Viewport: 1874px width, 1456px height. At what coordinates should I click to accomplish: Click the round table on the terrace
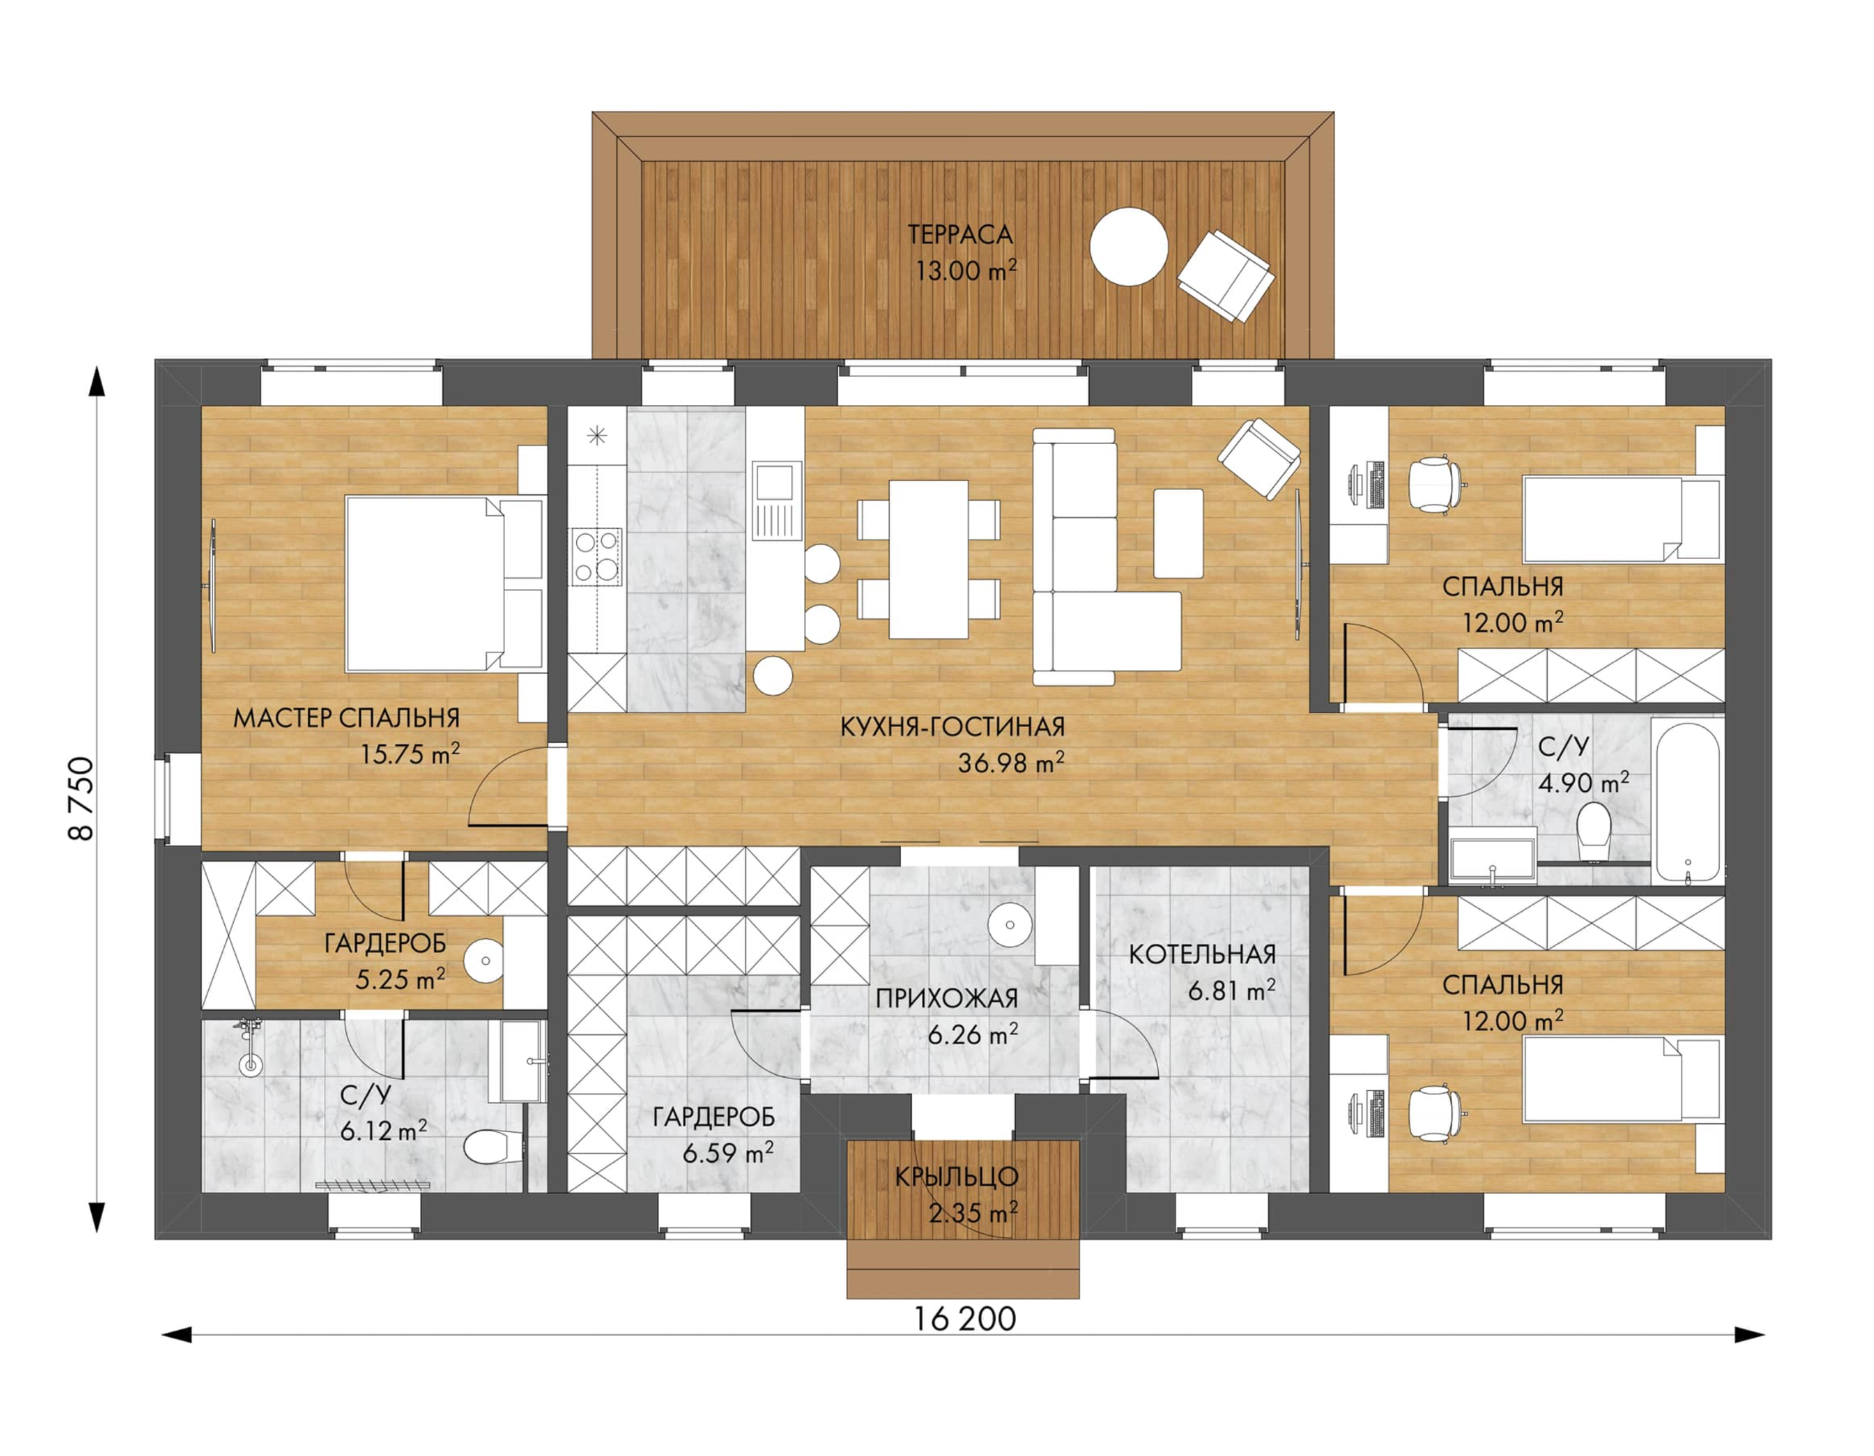pyautogui.click(x=1128, y=246)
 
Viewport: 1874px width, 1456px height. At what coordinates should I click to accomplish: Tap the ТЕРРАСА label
pyautogui.click(x=960, y=233)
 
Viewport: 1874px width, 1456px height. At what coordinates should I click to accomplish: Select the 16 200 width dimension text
pyautogui.click(x=964, y=1318)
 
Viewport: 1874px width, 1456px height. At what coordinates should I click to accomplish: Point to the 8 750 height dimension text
pyautogui.click(x=80, y=798)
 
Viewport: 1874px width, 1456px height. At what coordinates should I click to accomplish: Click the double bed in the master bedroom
pyautogui.click(x=444, y=583)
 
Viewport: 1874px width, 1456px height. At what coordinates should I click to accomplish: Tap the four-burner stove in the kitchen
pyautogui.click(x=597, y=556)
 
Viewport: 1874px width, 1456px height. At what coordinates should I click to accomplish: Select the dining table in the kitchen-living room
pyautogui.click(x=928, y=559)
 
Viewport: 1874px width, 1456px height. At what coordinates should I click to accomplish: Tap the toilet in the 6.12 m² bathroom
pyautogui.click(x=493, y=1145)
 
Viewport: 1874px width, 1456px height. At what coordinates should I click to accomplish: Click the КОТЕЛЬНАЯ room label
pyautogui.click(x=1201, y=954)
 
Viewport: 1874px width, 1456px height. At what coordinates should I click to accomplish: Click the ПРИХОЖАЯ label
pyautogui.click(x=947, y=999)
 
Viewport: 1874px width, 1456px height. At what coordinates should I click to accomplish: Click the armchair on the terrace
pyautogui.click(x=1225, y=277)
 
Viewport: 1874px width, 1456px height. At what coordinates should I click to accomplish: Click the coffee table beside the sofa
pyautogui.click(x=1178, y=532)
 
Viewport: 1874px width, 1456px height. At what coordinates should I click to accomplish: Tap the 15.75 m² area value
pyautogui.click(x=409, y=754)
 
